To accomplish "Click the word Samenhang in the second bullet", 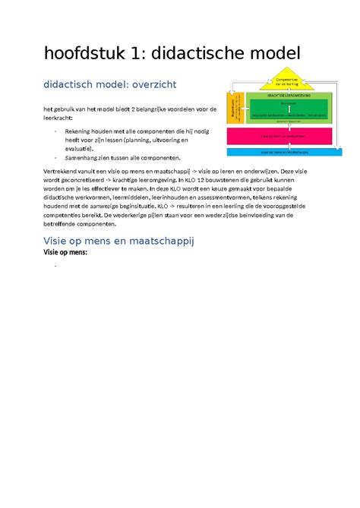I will coord(89,159).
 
